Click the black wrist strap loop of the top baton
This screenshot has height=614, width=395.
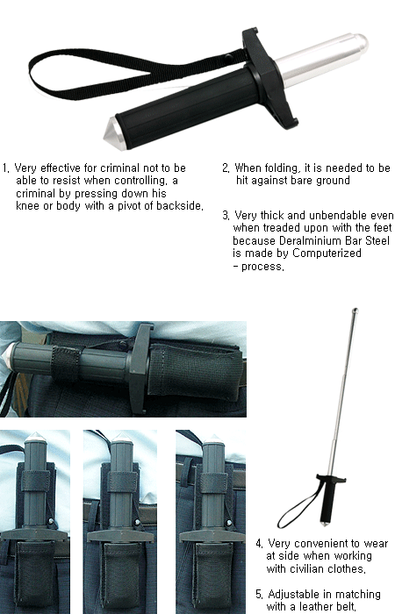pos(98,73)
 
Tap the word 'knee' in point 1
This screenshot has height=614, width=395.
pos(27,205)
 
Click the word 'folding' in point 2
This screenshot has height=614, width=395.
pos(282,168)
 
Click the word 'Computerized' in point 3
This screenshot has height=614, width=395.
pos(327,253)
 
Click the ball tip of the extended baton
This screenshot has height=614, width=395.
pos(355,311)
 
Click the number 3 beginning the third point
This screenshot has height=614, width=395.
pos(226,216)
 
